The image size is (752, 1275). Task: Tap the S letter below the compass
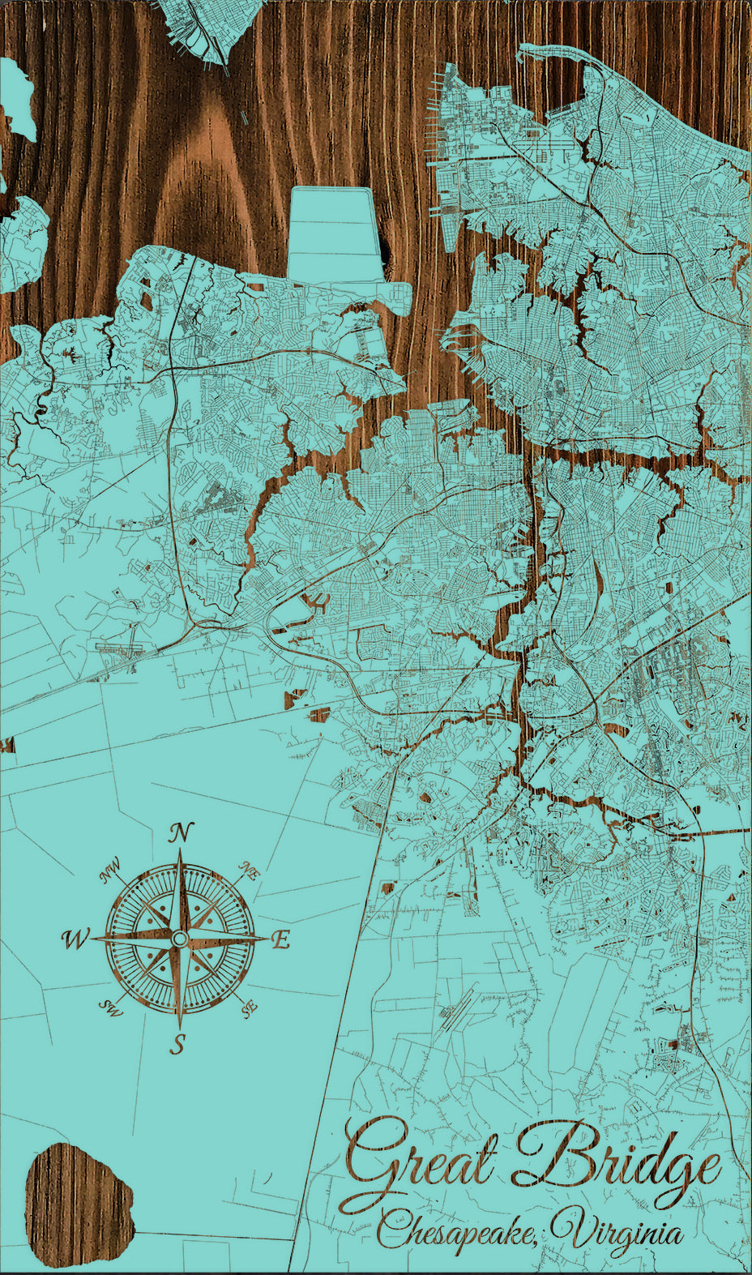[177, 1045]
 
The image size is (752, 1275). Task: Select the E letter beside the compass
[280, 940]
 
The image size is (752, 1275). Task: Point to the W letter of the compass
[75, 939]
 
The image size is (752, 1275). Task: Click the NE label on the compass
[250, 872]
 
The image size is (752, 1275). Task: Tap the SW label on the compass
[109, 1008]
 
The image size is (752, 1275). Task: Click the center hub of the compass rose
[179, 939]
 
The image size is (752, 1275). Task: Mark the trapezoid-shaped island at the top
[335, 234]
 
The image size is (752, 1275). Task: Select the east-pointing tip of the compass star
[268, 939]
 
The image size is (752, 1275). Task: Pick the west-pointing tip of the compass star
[91, 939]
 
